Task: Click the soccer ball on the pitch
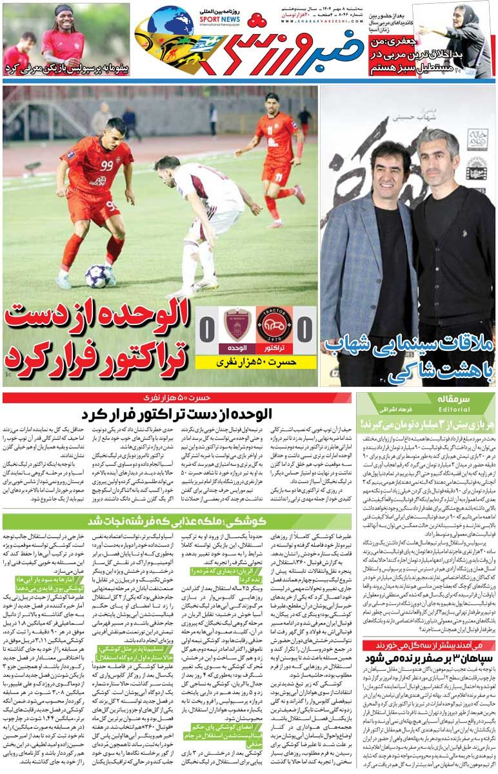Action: [98, 275]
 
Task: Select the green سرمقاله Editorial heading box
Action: [426, 404]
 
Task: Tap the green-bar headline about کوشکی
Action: [177, 522]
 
